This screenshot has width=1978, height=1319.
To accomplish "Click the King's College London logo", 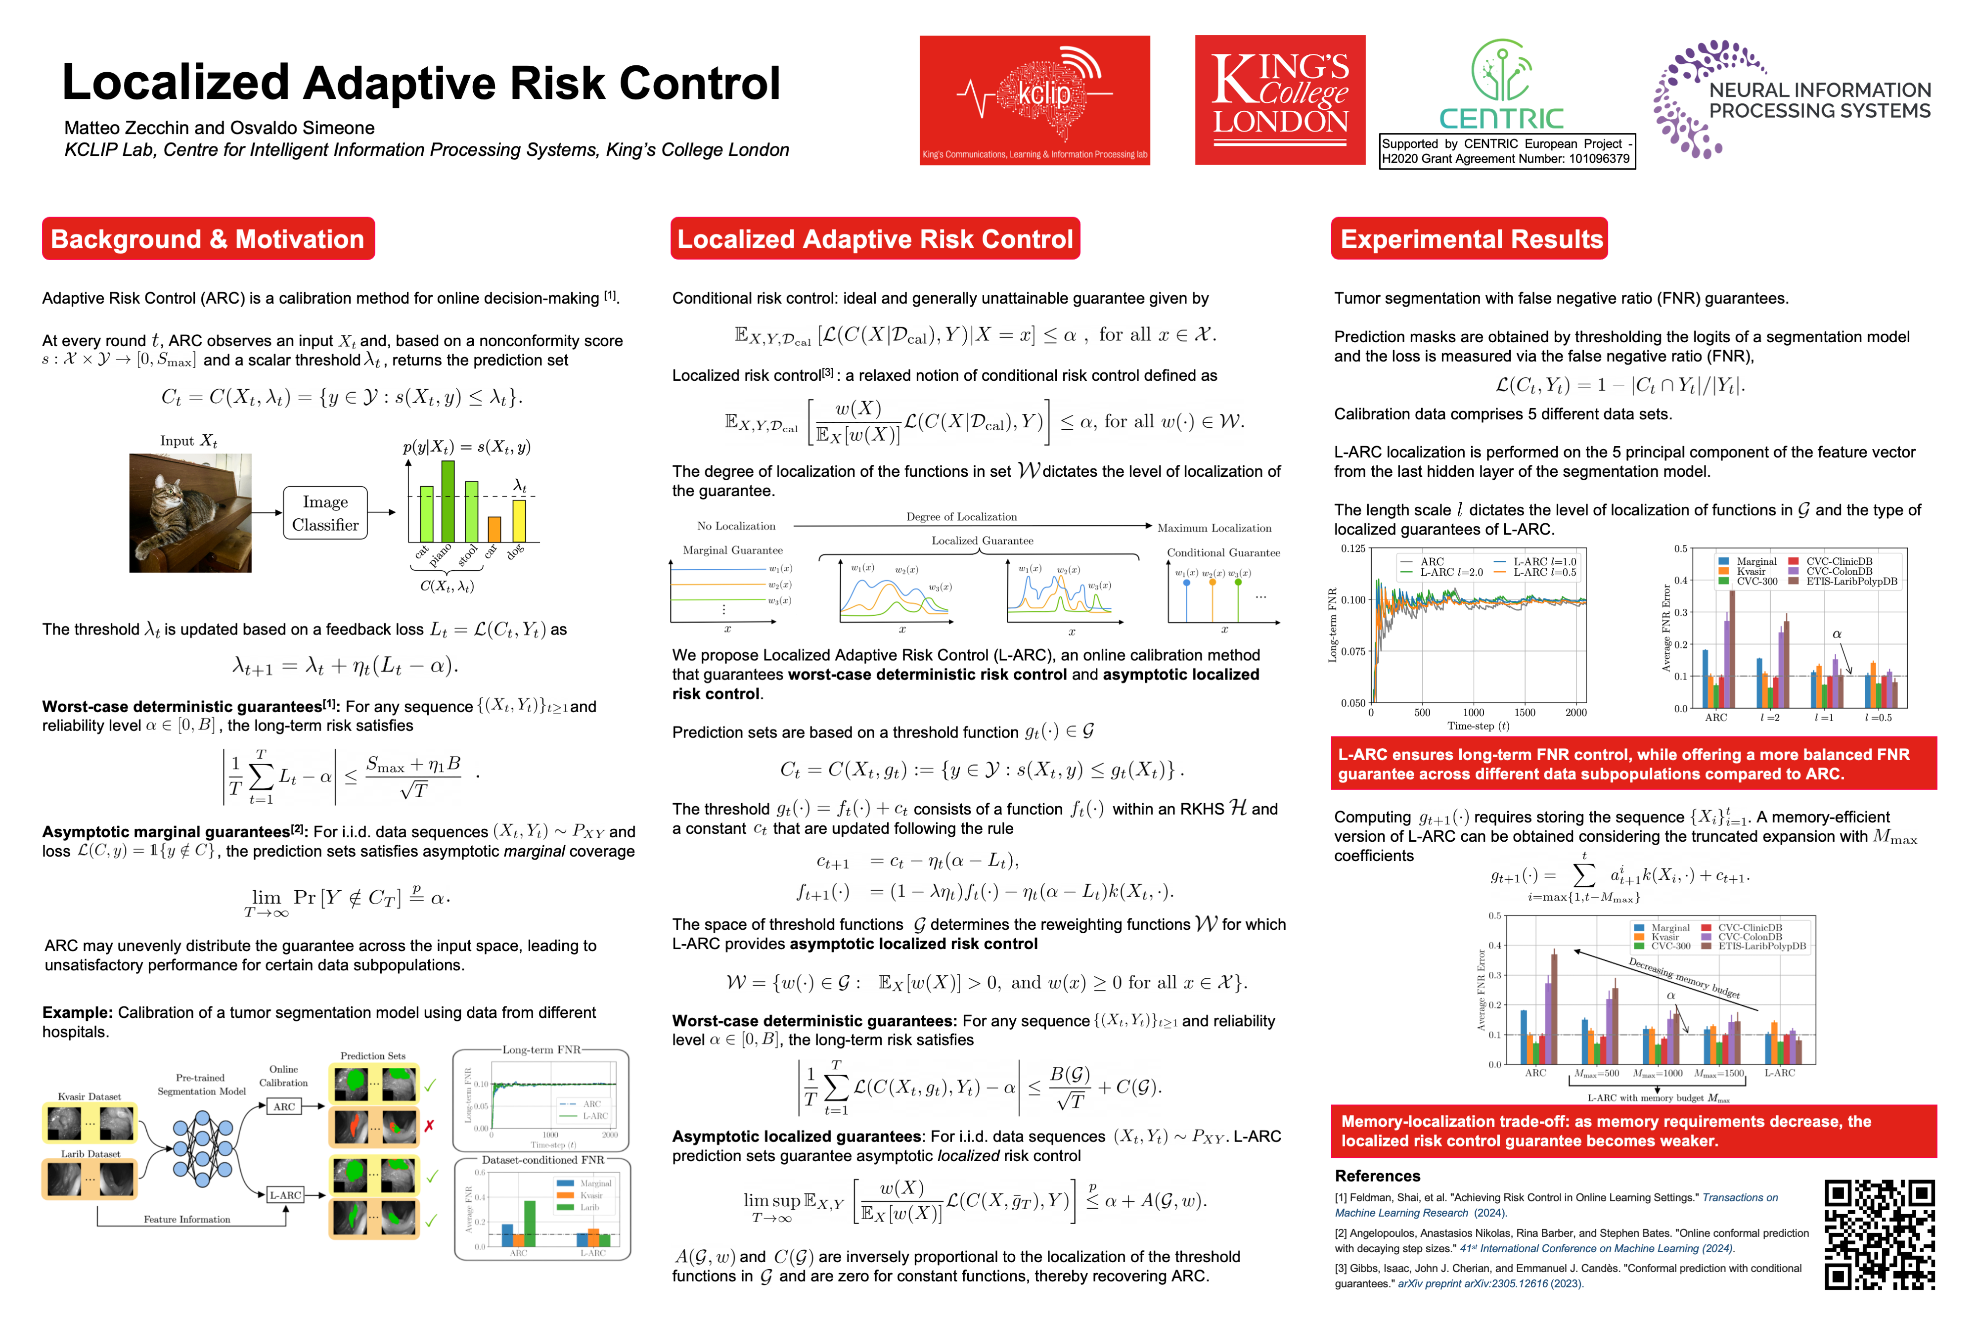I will point(1279,100).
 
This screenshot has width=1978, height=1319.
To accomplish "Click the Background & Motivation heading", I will point(208,239).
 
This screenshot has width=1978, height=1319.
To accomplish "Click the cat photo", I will point(190,513).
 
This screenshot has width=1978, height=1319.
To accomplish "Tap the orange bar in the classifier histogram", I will point(494,529).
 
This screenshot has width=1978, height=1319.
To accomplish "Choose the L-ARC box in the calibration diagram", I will point(285,1194).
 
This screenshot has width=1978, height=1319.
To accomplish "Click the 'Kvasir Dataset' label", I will point(89,1096).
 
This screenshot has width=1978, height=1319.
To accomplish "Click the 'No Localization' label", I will point(736,526).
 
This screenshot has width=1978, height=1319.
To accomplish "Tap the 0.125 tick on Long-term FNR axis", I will point(1353,548).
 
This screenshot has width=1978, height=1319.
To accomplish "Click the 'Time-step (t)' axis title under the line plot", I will point(1478,726).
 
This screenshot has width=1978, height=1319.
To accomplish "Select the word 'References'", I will point(1377,1176).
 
